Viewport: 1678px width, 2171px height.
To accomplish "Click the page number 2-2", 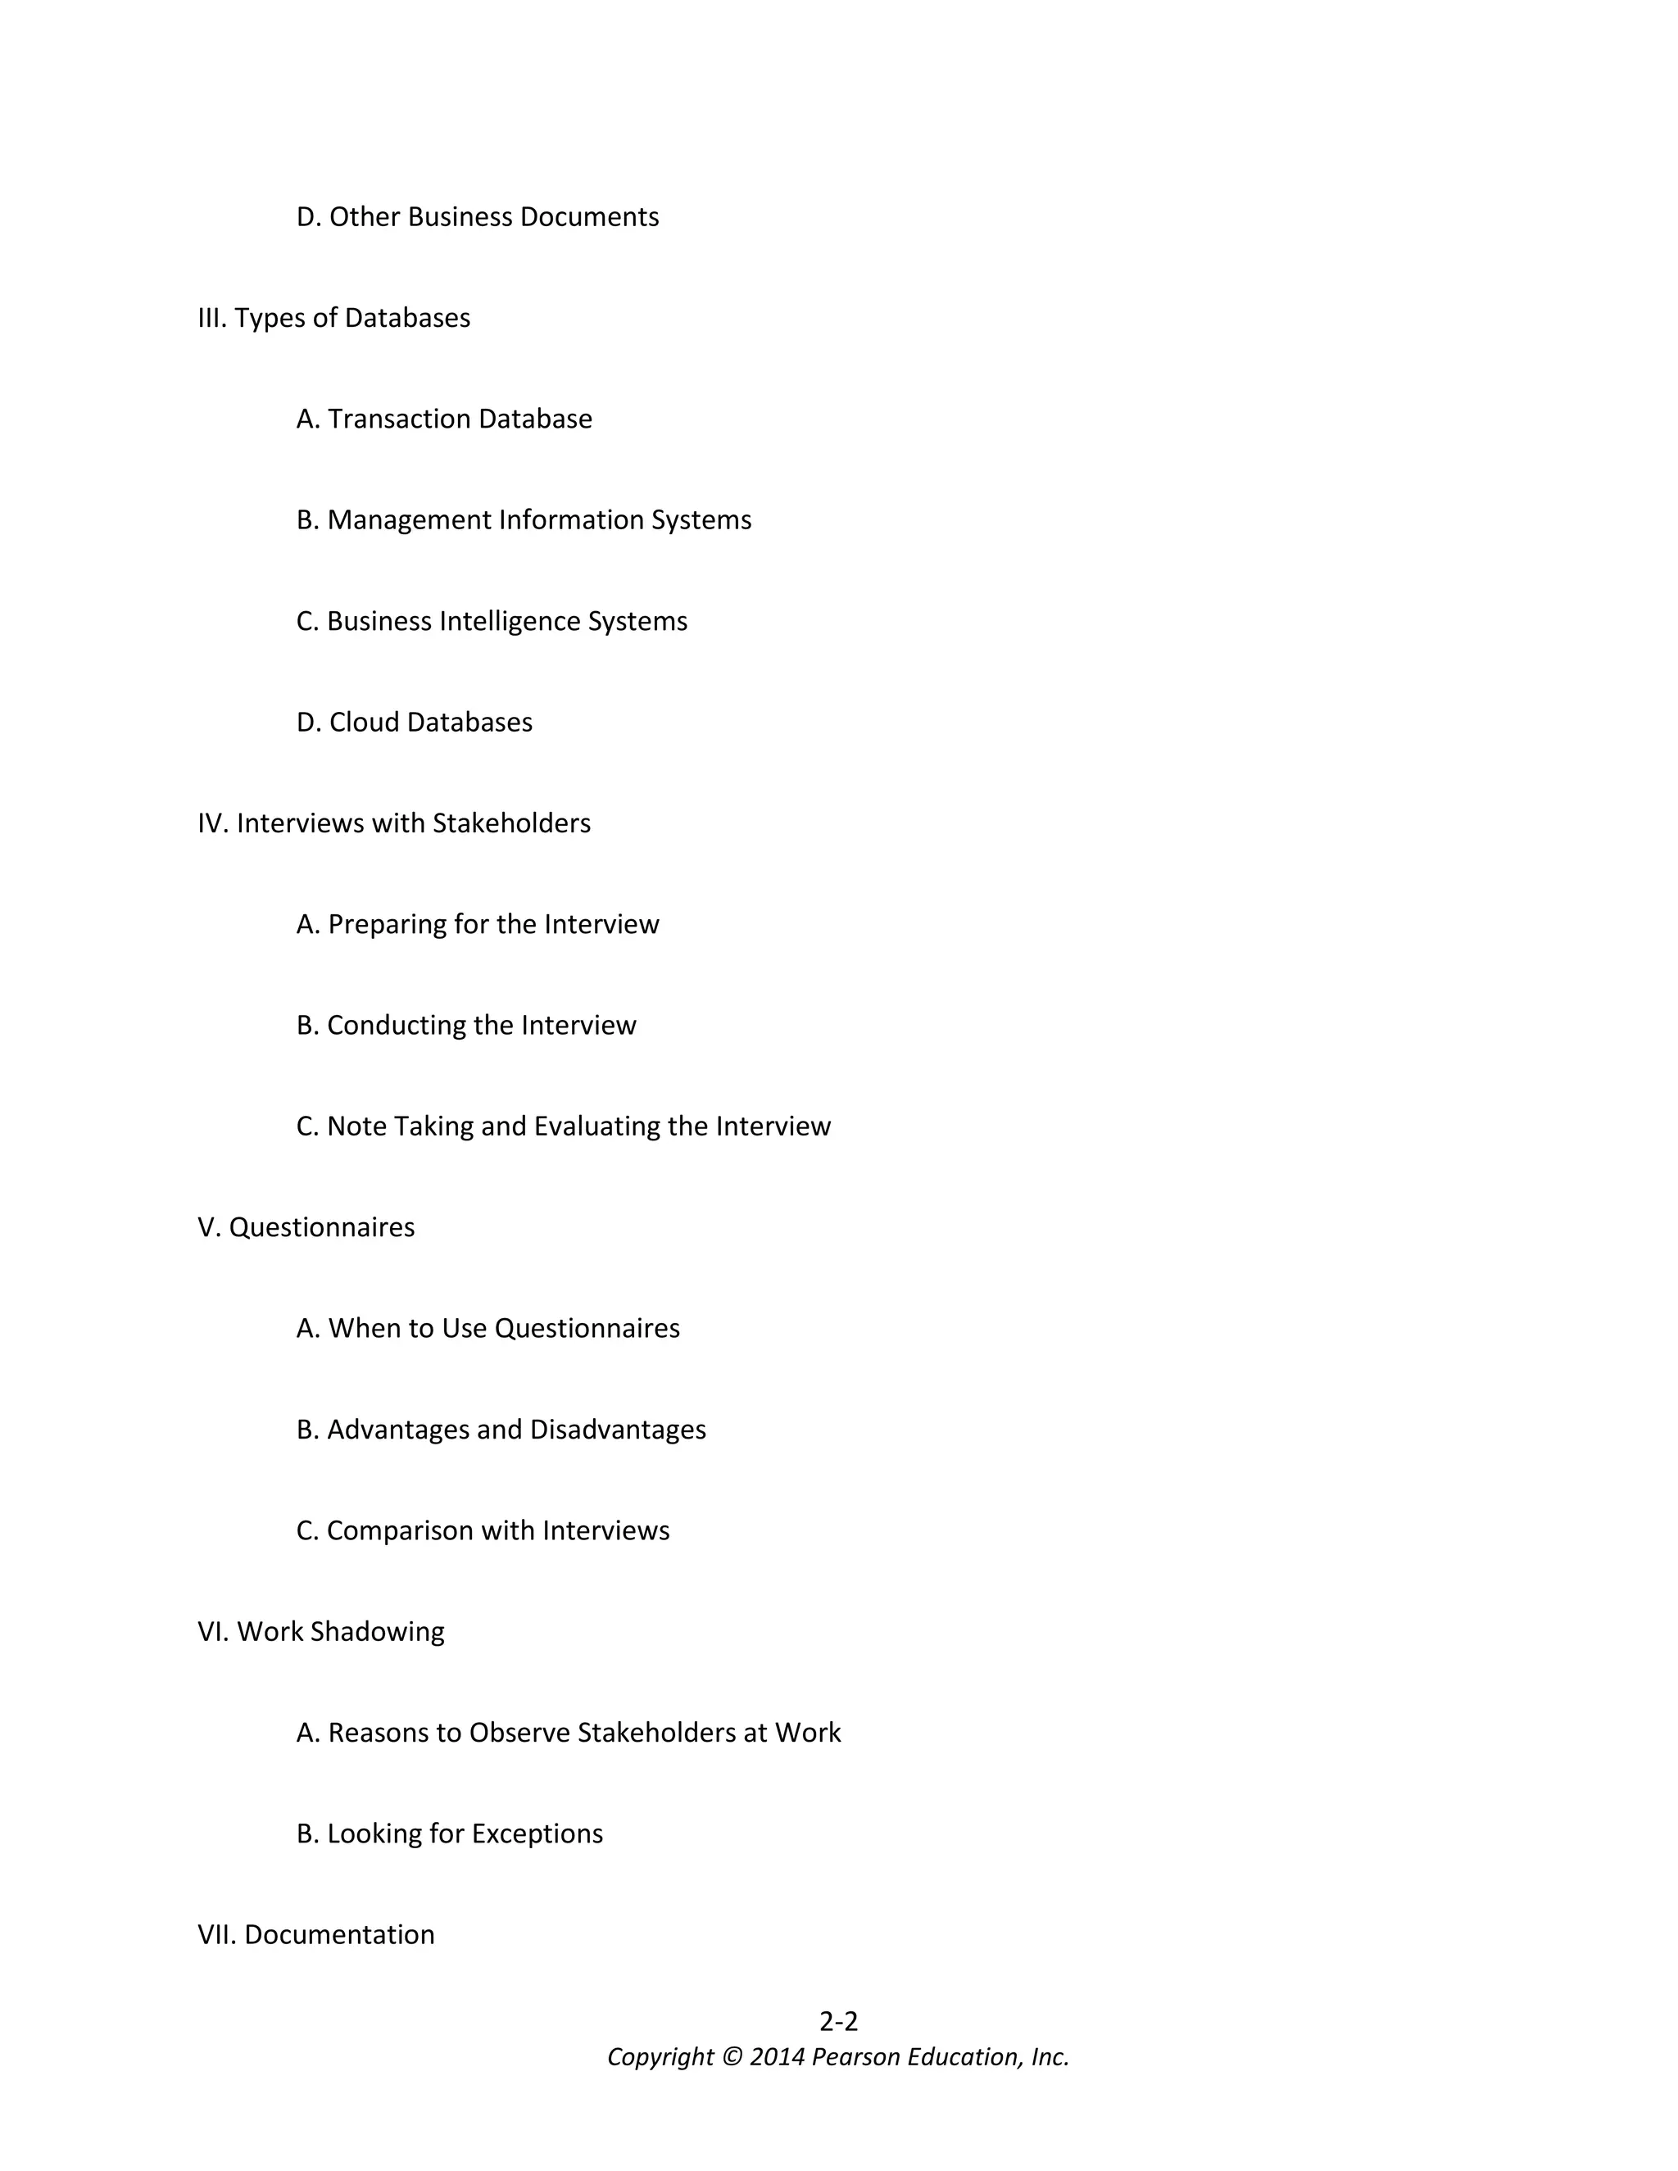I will pos(838,2021).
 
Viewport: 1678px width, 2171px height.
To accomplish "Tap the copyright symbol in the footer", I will pos(732,2056).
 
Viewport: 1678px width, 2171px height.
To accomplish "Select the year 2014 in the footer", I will pos(777,2056).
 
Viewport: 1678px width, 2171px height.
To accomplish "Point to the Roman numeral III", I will pos(211,318).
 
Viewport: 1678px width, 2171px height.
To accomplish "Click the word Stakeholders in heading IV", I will pos(511,823).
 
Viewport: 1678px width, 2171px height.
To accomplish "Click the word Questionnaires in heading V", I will pos(321,1228).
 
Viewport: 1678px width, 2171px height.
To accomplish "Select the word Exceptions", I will pos(537,1834).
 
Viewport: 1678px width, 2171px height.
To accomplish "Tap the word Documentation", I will pos(339,1934).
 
